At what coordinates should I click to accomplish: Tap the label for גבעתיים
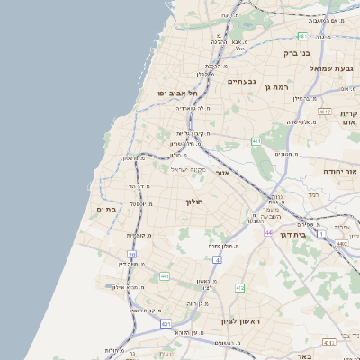pyautogui.click(x=241, y=82)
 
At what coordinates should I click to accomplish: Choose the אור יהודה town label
pyautogui.click(x=341, y=170)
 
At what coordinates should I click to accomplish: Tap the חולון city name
pyautogui.click(x=195, y=202)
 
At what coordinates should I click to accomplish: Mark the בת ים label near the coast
pyautogui.click(x=108, y=209)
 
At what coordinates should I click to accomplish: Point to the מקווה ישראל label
pyautogui.click(x=188, y=169)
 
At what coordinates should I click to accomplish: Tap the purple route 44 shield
pyautogui.click(x=268, y=232)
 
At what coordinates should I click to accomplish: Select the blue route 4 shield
pyautogui.click(x=218, y=260)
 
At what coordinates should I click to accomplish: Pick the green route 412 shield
pyautogui.click(x=239, y=288)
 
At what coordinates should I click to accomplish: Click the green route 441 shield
pyautogui.click(x=165, y=276)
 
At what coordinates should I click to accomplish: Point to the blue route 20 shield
pyautogui.click(x=132, y=256)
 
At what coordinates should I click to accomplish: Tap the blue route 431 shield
pyautogui.click(x=166, y=323)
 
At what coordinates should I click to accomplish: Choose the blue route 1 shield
pyautogui.click(x=321, y=234)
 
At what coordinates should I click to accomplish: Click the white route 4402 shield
pyautogui.click(x=343, y=243)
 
